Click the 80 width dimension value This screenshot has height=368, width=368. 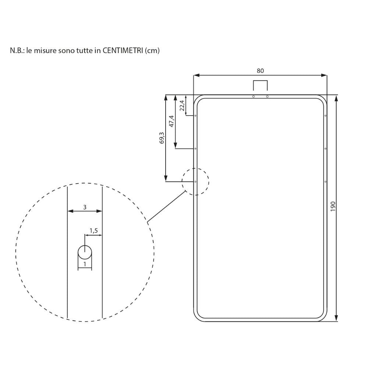pyautogui.click(x=260, y=71)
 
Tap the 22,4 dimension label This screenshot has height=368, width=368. pyautogui.click(x=182, y=105)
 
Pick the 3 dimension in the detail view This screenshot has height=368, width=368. pyautogui.click(x=85, y=207)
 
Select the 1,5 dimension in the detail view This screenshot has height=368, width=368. pyautogui.click(x=93, y=231)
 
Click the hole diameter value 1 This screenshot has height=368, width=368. pyautogui.click(x=85, y=264)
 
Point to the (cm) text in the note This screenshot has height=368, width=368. pyautogui.click(x=153, y=51)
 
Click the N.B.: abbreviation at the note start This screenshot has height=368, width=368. pyautogui.click(x=17, y=51)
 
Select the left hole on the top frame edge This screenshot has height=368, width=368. pyautogui.click(x=253, y=96)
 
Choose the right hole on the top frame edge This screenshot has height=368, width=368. pyautogui.click(x=267, y=96)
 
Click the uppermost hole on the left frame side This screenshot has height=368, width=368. pyautogui.click(x=195, y=116)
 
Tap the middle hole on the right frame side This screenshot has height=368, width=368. pyautogui.click(x=325, y=149)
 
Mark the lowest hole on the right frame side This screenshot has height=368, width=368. pyautogui.click(x=325, y=182)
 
